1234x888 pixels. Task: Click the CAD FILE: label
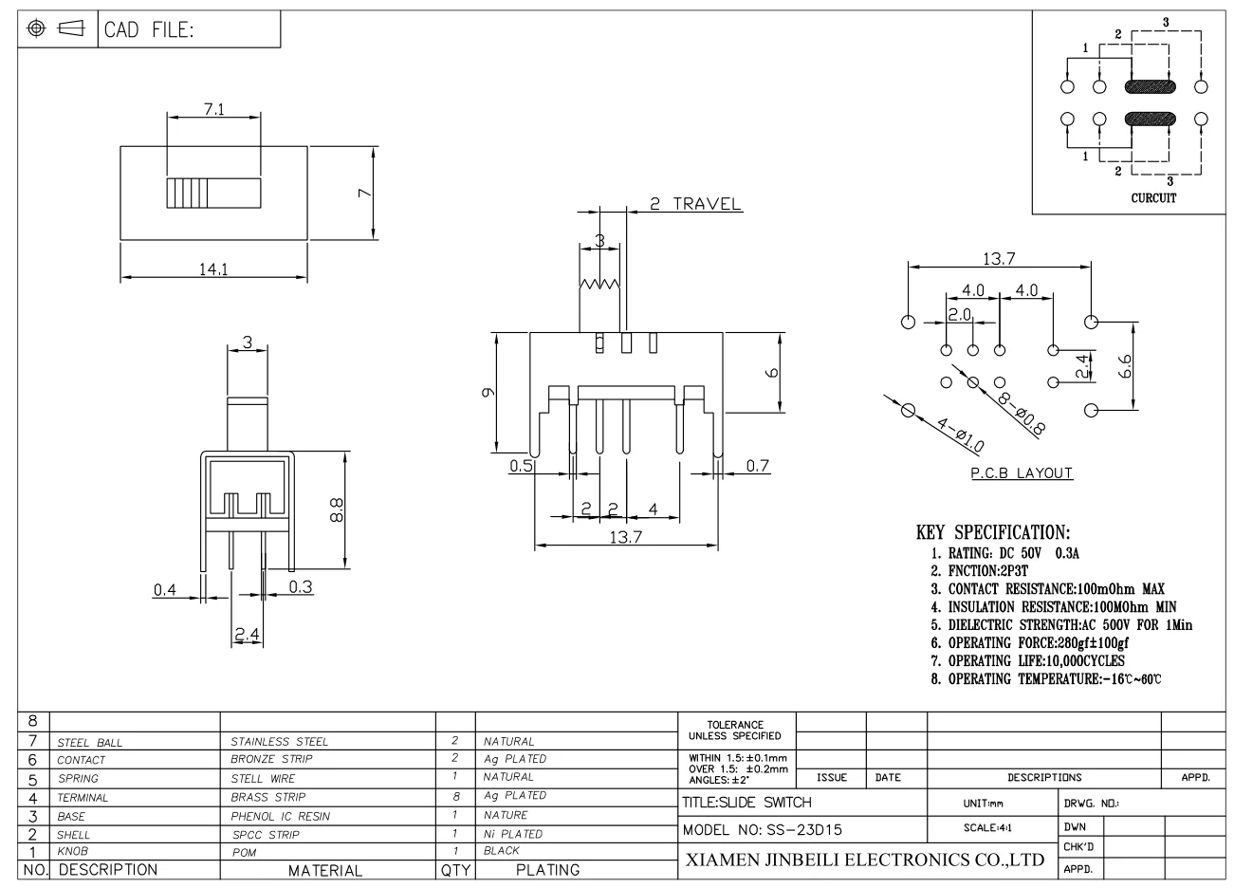pyautogui.click(x=149, y=29)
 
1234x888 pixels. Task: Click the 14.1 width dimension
pyautogui.click(x=212, y=268)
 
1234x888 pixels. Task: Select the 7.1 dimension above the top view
pyautogui.click(x=213, y=109)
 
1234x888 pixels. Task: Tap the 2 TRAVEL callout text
pyautogui.click(x=695, y=204)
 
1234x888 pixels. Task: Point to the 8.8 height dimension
pyautogui.click(x=338, y=510)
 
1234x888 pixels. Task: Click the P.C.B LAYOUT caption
pyautogui.click(x=1022, y=472)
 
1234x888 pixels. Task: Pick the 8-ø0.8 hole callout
pyautogui.click(x=1020, y=413)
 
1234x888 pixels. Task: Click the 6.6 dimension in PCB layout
pyautogui.click(x=1124, y=366)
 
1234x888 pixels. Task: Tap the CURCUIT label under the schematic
pyautogui.click(x=1153, y=198)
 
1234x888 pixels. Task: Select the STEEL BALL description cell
pyautogui.click(x=90, y=742)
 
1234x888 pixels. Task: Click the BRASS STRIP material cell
pyautogui.click(x=268, y=798)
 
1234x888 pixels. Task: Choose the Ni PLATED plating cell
pyautogui.click(x=512, y=834)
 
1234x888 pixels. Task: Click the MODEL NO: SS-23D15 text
pyautogui.click(x=763, y=829)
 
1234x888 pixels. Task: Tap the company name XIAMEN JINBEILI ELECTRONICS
pyautogui.click(x=863, y=860)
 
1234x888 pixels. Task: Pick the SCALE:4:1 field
pyautogui.click(x=989, y=827)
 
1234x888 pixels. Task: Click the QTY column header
pyautogui.click(x=454, y=870)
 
